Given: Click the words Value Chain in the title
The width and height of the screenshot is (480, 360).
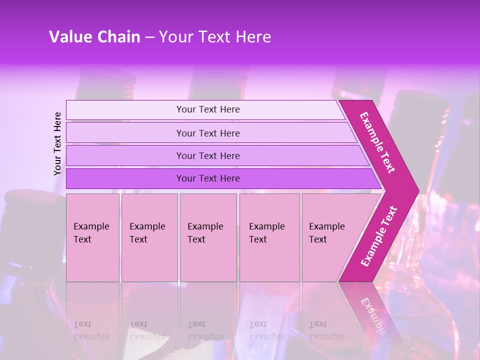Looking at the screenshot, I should point(94,37).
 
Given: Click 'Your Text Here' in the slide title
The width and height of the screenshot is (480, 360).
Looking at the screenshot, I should point(215,37).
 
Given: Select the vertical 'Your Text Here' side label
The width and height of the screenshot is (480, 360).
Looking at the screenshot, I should point(57,143).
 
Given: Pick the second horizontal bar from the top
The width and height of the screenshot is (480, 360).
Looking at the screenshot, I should point(208,133).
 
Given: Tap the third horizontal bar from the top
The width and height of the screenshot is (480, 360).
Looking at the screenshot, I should point(208,155).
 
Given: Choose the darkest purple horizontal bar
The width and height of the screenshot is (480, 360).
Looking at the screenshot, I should point(208,178).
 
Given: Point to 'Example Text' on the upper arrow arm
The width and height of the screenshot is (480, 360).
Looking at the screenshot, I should point(377,142).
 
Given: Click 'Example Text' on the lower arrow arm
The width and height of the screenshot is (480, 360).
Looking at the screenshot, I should point(379,236).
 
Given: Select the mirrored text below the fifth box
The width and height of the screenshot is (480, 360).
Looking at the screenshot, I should point(327,330).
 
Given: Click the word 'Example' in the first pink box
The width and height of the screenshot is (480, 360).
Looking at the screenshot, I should point(91,226).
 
